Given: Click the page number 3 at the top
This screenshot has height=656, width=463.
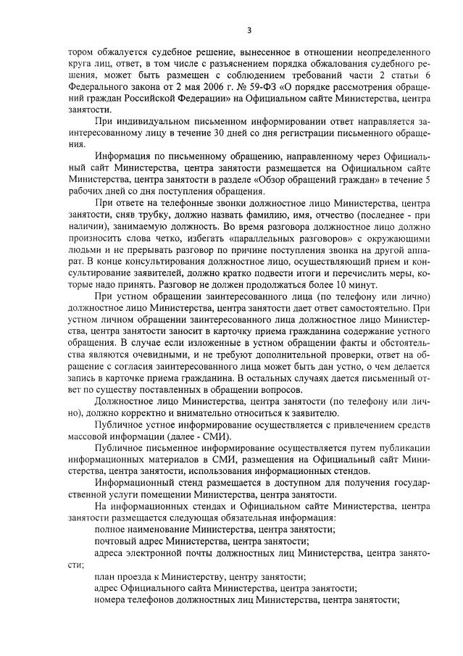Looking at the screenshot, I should (x=249, y=30).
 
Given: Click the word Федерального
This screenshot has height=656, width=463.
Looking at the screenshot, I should (x=99, y=95).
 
